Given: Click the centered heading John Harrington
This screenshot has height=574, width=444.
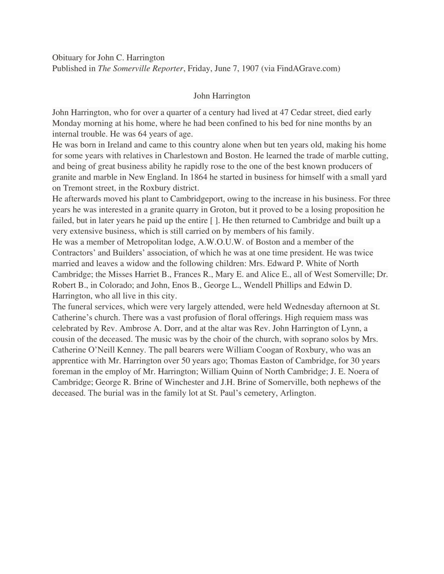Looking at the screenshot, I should tap(222, 96).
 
